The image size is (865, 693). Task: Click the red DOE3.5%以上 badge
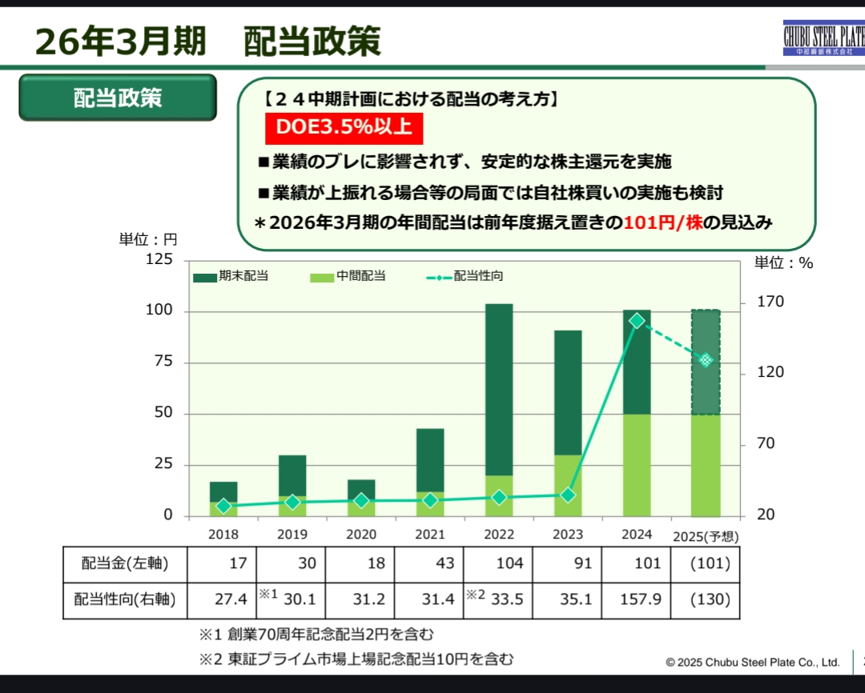(x=344, y=128)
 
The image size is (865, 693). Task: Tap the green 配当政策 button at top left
(x=118, y=98)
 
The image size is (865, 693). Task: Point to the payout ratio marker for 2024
(x=637, y=321)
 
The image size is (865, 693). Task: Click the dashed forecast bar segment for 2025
(x=706, y=362)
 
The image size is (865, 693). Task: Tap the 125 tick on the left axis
(x=159, y=260)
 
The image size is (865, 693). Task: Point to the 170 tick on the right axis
(x=770, y=302)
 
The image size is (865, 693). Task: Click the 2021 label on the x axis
(x=430, y=535)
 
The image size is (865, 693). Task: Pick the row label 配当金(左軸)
(x=125, y=563)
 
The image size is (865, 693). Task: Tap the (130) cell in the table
(x=706, y=599)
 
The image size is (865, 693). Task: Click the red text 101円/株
(x=663, y=222)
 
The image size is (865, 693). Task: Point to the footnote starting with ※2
(x=356, y=659)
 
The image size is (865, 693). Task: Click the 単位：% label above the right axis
(x=783, y=262)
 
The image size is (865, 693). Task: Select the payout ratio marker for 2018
(x=223, y=506)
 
